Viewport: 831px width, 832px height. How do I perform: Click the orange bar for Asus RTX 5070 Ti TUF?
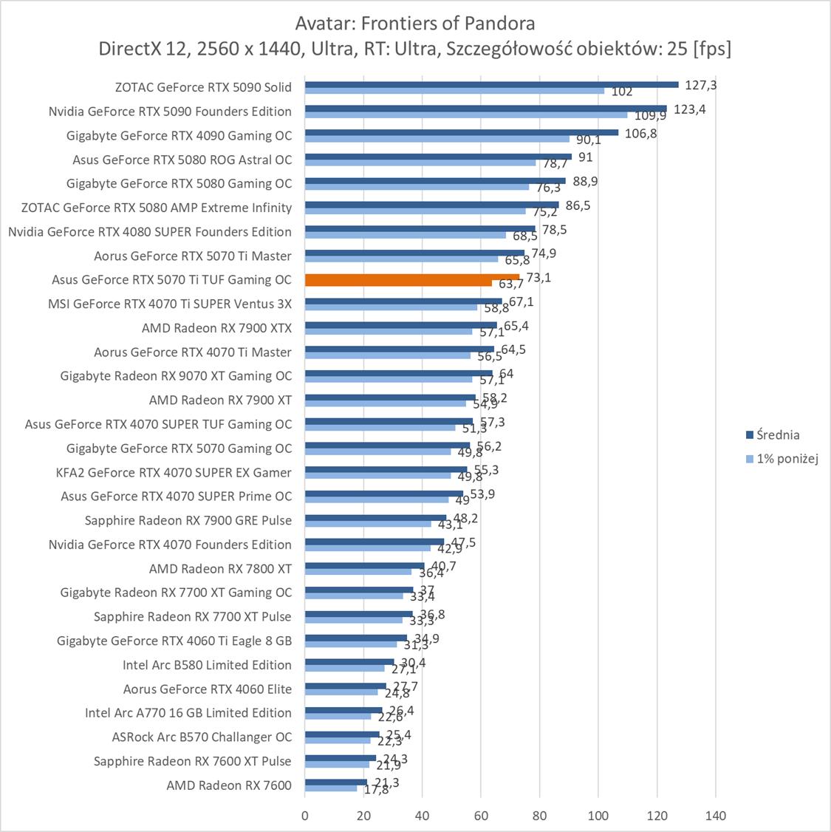point(412,277)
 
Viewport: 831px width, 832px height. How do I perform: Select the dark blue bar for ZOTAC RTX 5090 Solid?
point(491,84)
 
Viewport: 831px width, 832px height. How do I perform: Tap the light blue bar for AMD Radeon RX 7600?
point(331,788)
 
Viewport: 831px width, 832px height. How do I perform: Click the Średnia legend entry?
point(773,435)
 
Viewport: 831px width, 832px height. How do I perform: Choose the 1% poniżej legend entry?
point(782,459)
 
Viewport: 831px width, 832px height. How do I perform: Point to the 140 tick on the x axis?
point(716,816)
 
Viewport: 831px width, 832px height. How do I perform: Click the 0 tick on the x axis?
point(305,816)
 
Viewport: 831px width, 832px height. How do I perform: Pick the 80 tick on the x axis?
point(539,816)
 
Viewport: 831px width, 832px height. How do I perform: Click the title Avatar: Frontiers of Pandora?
point(415,23)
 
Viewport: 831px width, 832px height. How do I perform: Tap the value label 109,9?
point(651,116)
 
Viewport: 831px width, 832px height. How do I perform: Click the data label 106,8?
point(641,134)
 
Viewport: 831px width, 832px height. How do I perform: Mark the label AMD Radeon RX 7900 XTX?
point(216,328)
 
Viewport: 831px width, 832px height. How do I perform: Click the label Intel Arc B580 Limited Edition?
point(207,665)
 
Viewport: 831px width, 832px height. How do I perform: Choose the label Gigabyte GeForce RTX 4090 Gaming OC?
point(179,135)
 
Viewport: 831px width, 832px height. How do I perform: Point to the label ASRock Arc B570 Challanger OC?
point(202,737)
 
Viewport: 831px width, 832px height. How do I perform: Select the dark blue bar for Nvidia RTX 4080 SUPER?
point(420,228)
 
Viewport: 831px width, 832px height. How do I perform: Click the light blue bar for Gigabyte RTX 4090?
point(437,139)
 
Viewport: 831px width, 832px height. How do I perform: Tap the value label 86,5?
point(576,206)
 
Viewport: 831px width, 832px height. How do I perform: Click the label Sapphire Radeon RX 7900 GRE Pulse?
point(188,520)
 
